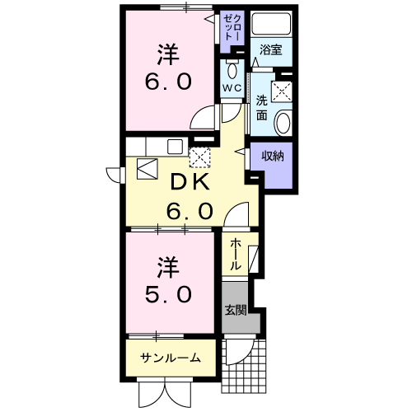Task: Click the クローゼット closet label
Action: (230, 28)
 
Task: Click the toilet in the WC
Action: (231, 67)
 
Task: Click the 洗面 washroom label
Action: (261, 108)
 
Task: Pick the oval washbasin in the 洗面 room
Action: (283, 124)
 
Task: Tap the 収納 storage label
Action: (274, 156)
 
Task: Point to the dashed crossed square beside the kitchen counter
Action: (200, 156)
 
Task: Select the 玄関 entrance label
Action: (236, 311)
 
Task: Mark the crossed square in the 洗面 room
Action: (284, 90)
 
